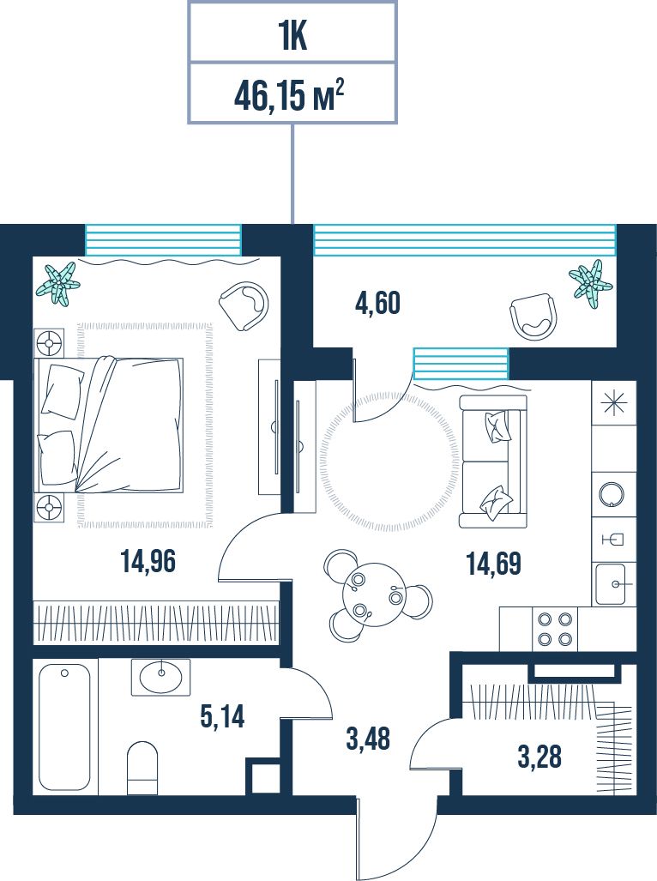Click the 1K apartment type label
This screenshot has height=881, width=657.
pos(292,38)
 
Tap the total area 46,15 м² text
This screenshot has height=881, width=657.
pos(289,98)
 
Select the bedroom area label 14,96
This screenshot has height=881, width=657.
pos(148,561)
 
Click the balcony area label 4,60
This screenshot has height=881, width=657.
pos(377,304)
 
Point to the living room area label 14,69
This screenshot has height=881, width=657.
pos(494,564)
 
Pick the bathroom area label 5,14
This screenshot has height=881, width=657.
pos(222,717)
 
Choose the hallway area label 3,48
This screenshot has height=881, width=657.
pos(368,739)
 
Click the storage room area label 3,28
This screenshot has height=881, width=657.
pos(539,757)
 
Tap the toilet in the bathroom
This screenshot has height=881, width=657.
pos(142,768)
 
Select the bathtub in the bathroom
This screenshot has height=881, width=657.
pos(64,727)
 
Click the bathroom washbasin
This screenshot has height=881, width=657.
pos(160,677)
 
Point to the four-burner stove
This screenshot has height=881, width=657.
pos(555,629)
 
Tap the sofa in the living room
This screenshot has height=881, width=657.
pos(493,462)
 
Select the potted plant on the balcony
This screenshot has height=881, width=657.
pos(591,283)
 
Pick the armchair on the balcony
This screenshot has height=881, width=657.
pos(533,317)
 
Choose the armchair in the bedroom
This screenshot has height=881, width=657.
pos(244,305)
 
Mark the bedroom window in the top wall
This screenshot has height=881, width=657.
pos(163,240)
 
